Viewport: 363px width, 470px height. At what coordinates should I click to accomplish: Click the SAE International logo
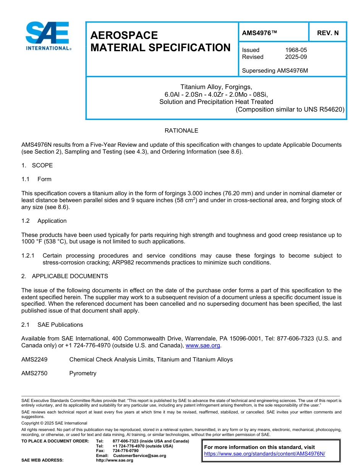tap(47, 36)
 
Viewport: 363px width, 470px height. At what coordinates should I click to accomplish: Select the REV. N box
tap(327, 33)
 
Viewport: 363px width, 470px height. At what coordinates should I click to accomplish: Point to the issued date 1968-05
tap(296, 50)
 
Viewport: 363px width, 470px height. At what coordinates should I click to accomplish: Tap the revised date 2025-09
tap(296, 57)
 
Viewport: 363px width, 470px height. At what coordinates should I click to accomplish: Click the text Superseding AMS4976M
tap(275, 71)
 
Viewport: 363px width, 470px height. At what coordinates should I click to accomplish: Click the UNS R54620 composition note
tap(290, 109)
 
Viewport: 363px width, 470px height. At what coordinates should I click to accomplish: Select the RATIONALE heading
tap(181, 131)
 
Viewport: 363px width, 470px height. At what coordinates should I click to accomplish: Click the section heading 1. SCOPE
tap(37, 165)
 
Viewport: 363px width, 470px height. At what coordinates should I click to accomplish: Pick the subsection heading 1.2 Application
tap(44, 221)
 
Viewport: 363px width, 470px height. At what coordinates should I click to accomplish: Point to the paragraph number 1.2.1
tap(28, 256)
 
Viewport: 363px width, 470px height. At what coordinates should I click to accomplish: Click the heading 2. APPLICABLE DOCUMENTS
tap(65, 276)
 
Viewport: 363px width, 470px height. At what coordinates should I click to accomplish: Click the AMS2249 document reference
tap(34, 360)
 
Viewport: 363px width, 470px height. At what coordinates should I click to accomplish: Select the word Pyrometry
tap(83, 373)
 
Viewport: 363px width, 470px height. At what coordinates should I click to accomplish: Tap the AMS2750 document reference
tap(34, 373)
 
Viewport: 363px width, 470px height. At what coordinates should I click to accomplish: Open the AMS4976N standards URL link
tap(264, 454)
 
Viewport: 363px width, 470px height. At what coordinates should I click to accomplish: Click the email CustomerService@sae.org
tap(139, 455)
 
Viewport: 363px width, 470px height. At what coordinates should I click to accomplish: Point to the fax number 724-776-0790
tap(126, 451)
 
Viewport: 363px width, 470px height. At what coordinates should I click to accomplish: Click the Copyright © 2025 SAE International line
tap(54, 423)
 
